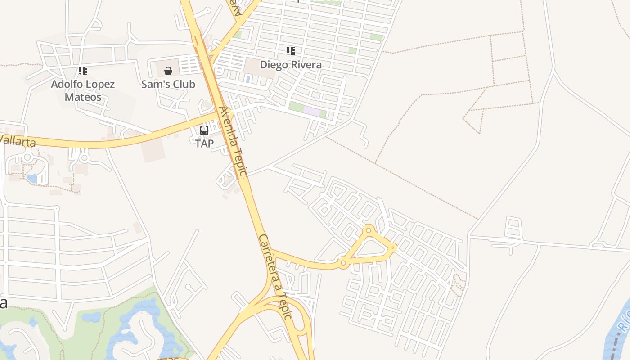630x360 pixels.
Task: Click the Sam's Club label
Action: pos(168,84)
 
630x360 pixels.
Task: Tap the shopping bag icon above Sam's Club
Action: pos(168,71)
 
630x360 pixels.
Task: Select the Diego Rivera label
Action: pos(291,65)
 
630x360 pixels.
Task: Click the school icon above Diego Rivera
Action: pos(291,51)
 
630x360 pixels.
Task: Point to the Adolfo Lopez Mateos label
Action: pos(83,90)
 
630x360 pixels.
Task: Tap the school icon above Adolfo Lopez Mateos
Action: pos(83,71)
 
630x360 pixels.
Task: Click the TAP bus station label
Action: pos(204,144)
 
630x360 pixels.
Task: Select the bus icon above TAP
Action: pos(204,130)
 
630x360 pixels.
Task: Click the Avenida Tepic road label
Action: pos(233,141)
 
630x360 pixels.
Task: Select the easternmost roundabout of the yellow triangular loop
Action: pos(393,247)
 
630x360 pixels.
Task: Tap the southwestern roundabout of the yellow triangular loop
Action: pos(343,262)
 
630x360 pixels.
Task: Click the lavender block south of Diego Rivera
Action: pos(311,111)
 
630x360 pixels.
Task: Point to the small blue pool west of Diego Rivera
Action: pos(248,79)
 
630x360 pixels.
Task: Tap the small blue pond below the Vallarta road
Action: pos(31,178)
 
